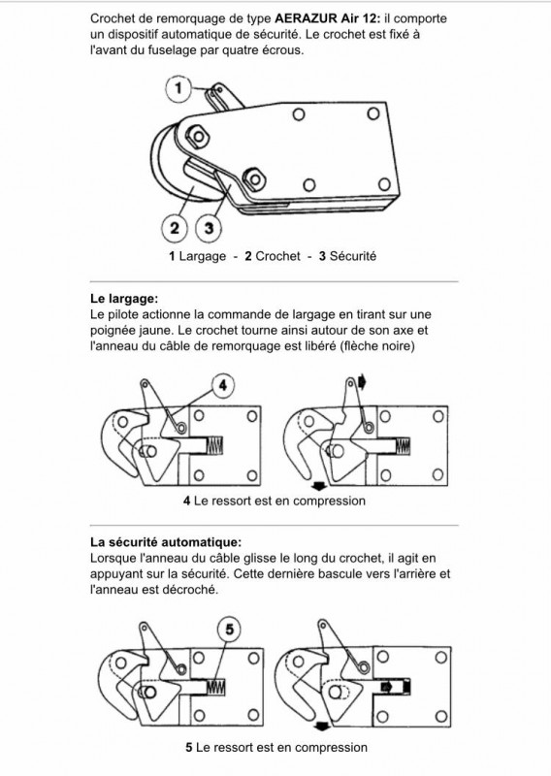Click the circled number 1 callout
pyautogui.click(x=178, y=88)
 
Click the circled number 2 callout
pyautogui.click(x=175, y=228)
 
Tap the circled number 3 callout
pyautogui.click(x=209, y=228)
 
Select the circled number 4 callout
pyautogui.click(x=223, y=385)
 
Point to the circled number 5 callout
pyautogui.click(x=229, y=629)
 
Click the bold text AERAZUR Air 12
pyautogui.click(x=328, y=18)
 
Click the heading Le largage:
pyautogui.click(x=124, y=299)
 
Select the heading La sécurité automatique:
pyautogui.click(x=166, y=542)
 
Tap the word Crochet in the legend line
pyautogui.click(x=277, y=256)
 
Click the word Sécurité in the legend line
pyautogui.click(x=353, y=256)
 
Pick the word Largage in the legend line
pyautogui.click(x=203, y=256)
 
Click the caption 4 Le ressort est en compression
pyautogui.click(x=275, y=501)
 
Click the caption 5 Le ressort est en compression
pyautogui.click(x=276, y=747)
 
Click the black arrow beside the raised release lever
pyautogui.click(x=362, y=382)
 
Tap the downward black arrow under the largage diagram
pyautogui.click(x=318, y=487)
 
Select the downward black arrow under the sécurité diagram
pyautogui.click(x=322, y=727)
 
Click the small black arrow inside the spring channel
pyautogui.click(x=387, y=687)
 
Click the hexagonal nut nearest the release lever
pyautogui.click(x=198, y=135)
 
